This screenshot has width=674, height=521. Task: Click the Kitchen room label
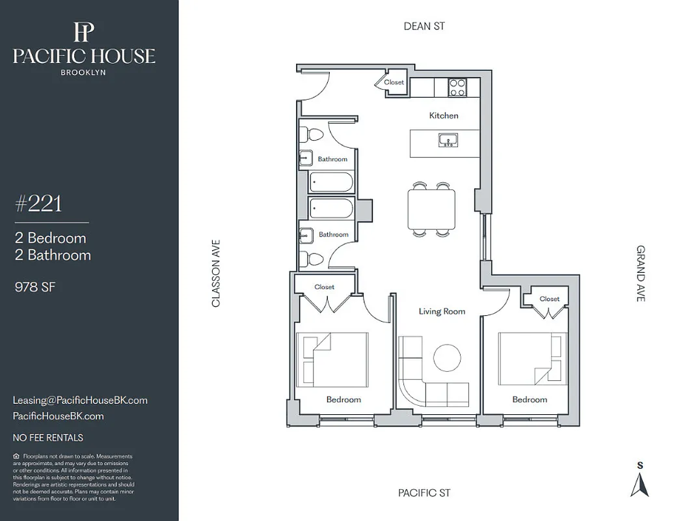point(443,115)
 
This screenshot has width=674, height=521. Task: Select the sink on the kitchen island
point(447,140)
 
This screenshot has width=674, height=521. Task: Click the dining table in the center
point(431,209)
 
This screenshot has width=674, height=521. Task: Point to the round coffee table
point(447,358)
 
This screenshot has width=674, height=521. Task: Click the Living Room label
point(442,311)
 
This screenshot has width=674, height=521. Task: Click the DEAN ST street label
point(424,26)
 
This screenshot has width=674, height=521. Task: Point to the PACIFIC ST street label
point(424,493)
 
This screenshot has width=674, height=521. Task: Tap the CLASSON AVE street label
point(217,273)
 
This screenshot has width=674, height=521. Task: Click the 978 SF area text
point(34,287)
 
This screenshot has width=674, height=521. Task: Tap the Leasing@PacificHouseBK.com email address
point(80,401)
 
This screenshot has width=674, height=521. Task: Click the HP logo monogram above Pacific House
point(84,31)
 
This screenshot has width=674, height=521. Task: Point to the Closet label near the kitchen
point(394,82)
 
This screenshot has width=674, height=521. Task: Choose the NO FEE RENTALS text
point(48,438)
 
